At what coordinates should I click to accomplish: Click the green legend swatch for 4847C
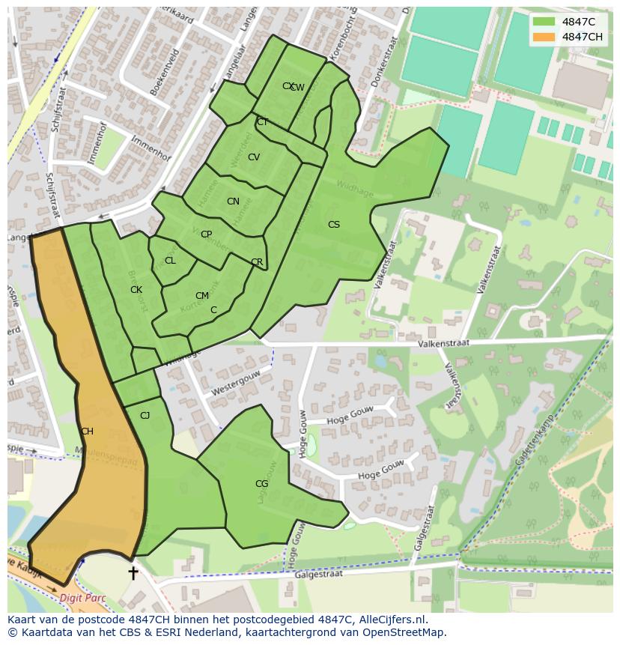pyautogui.click(x=544, y=22)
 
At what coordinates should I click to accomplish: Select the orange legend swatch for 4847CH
pyautogui.click(x=544, y=37)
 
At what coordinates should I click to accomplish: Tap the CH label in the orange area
pyautogui.click(x=87, y=431)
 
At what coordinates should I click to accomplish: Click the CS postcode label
pyautogui.click(x=334, y=225)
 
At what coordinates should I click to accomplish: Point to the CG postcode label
pyautogui.click(x=261, y=484)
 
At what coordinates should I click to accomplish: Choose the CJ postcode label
pyautogui.click(x=145, y=416)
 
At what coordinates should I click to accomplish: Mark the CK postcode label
pyautogui.click(x=136, y=290)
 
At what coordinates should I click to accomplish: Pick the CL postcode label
pyautogui.click(x=170, y=261)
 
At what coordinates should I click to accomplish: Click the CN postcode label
pyautogui.click(x=233, y=202)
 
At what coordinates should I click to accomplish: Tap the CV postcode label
pyautogui.click(x=254, y=157)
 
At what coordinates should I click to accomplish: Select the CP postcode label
pyautogui.click(x=206, y=234)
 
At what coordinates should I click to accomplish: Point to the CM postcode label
pyautogui.click(x=202, y=296)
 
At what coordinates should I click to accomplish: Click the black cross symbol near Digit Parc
pyautogui.click(x=133, y=573)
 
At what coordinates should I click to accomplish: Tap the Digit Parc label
pyautogui.click(x=82, y=599)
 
